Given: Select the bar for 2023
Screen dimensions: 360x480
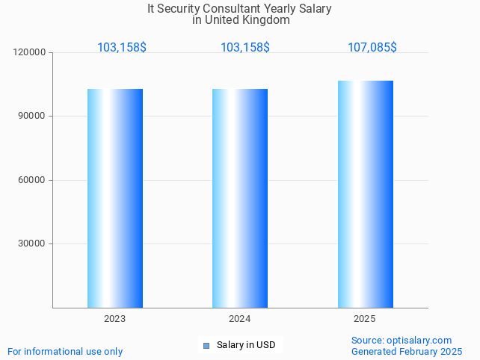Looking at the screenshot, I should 115,198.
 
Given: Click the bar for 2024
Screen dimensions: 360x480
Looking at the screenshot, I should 240,198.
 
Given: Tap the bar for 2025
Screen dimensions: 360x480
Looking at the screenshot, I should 365,194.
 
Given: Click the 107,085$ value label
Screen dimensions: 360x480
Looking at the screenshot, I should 372,48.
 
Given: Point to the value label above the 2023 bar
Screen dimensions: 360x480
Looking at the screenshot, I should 122,48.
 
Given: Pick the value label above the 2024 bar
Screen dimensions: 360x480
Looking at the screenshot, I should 245,48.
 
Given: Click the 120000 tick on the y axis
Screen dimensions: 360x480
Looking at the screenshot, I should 30,53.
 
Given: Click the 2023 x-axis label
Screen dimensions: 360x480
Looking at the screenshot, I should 115,319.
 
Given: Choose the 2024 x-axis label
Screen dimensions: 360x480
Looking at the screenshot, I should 240,319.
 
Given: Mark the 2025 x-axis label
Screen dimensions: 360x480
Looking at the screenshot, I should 365,319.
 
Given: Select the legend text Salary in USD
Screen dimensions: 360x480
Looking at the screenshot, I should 246,345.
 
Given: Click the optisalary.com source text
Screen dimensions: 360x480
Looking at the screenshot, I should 419,341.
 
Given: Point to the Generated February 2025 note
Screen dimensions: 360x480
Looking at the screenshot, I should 407,352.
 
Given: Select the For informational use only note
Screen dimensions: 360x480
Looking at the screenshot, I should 65,352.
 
